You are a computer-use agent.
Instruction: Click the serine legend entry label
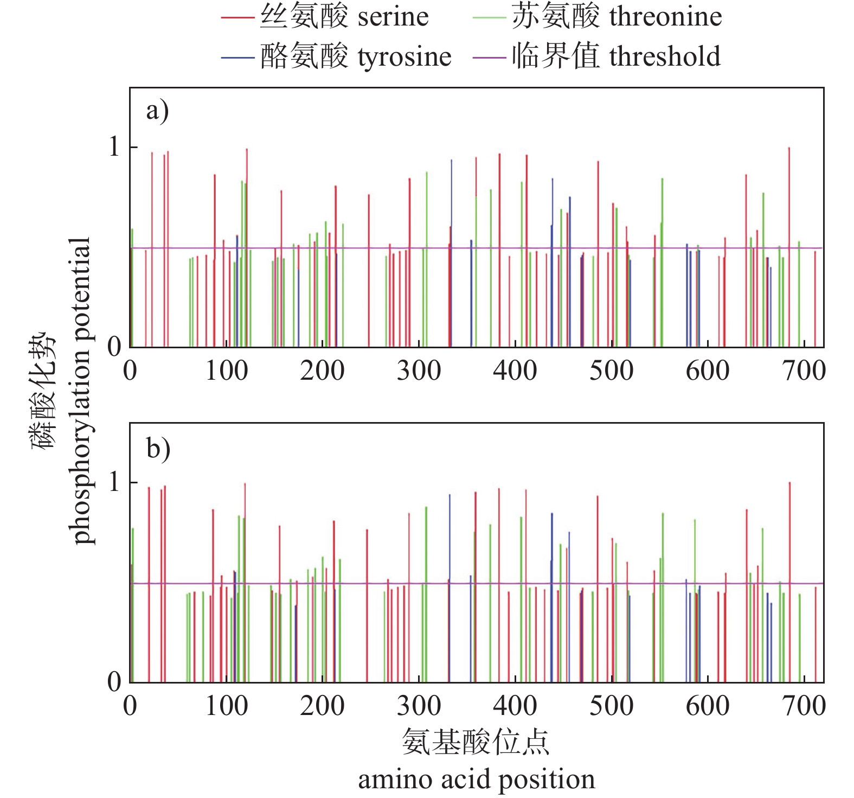344,17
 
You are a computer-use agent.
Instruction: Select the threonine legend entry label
617,17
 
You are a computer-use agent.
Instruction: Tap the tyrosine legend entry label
356,56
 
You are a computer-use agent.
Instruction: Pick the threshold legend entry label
616,56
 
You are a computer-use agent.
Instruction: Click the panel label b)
158,449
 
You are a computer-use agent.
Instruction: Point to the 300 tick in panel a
419,371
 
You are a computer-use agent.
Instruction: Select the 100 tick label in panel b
226,706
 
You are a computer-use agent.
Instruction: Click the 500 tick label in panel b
611,706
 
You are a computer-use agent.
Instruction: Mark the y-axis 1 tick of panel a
114,147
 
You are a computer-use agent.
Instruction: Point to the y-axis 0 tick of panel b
114,681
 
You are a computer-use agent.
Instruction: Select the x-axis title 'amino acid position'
476,780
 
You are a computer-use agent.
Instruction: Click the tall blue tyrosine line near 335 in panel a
452,217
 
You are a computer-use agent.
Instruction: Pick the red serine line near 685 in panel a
789,217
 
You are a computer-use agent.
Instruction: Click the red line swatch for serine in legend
237,18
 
